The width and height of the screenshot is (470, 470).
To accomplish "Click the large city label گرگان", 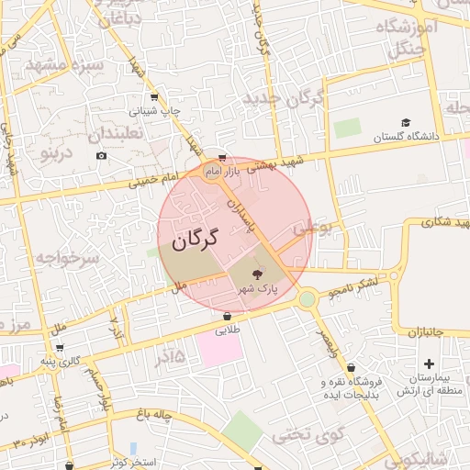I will click(x=194, y=241).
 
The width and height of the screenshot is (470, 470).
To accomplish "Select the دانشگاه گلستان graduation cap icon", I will click(x=406, y=122).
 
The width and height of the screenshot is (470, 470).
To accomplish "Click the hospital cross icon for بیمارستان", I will click(x=429, y=339).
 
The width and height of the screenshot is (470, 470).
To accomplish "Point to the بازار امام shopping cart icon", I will click(x=222, y=157).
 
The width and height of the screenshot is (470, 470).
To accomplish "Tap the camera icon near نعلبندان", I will click(x=100, y=155).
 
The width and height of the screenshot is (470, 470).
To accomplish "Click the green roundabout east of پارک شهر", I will click(x=307, y=298).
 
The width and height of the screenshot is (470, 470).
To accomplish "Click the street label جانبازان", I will click(x=425, y=330).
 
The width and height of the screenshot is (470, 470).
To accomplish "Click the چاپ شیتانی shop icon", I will click(x=153, y=96).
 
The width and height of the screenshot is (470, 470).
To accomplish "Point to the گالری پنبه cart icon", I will click(x=60, y=348).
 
